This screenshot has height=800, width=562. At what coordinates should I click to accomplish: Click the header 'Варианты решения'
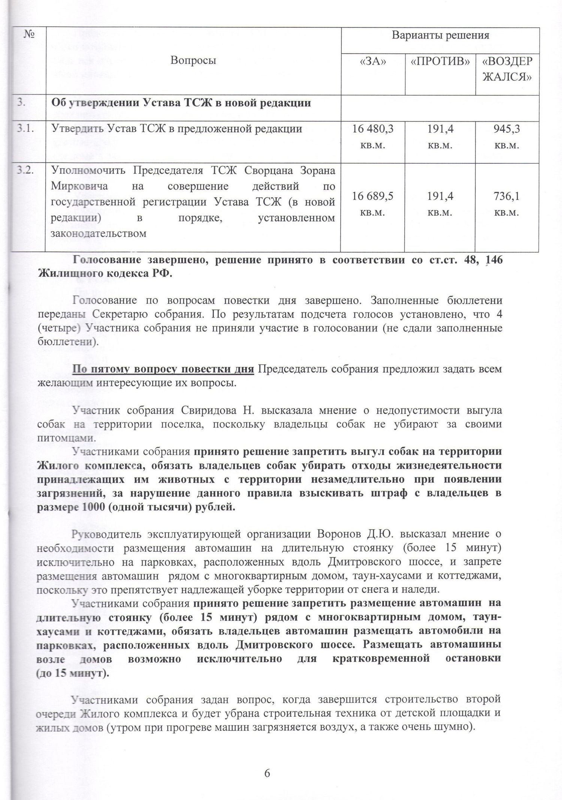(x=440, y=36)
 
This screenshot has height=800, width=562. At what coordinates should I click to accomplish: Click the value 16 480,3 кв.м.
(x=372, y=137)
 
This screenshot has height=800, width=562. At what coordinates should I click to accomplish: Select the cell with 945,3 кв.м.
(x=507, y=137)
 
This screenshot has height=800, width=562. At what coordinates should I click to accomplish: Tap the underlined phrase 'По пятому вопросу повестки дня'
(x=163, y=369)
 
